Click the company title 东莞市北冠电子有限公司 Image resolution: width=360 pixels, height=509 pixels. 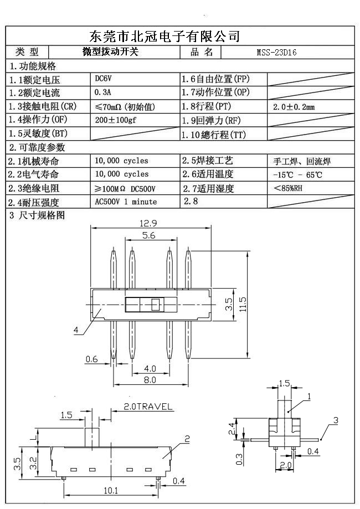[164, 37]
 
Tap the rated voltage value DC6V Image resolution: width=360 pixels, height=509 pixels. [104, 79]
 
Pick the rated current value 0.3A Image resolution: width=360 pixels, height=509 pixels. [103, 92]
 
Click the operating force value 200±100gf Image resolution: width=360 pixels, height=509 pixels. [118, 120]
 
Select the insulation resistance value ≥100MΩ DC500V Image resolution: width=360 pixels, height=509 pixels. [125, 189]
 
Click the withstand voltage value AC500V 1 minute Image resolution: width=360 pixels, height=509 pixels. [126, 202]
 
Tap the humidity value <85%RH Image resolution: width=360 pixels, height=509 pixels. [288, 188]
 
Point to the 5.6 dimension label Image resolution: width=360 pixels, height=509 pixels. [148, 235]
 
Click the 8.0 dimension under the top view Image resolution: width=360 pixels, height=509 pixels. [150, 381]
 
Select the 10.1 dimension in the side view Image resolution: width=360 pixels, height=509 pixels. [111, 490]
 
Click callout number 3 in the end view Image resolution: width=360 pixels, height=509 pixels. [336, 421]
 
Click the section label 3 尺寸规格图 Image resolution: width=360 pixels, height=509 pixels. [38, 215]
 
